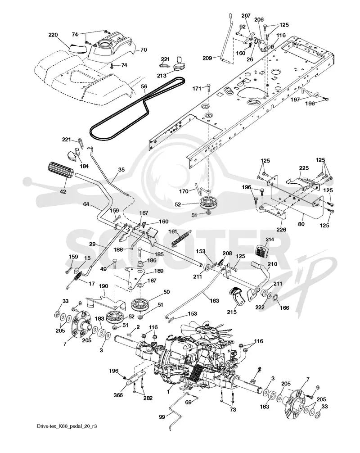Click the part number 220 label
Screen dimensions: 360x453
click(53, 35)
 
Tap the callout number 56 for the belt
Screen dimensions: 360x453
click(144, 86)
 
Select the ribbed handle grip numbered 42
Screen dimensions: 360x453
click(59, 175)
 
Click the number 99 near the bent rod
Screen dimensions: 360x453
click(162, 417)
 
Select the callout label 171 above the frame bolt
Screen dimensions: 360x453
click(197, 88)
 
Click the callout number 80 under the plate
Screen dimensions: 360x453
click(301, 224)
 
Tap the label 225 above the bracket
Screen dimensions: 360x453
click(304, 168)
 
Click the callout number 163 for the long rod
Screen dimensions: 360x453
click(214, 301)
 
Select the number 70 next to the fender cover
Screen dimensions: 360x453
click(144, 50)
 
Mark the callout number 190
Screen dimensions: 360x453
click(103, 286)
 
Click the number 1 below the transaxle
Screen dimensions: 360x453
click(168, 393)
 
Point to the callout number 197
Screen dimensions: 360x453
click(295, 100)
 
